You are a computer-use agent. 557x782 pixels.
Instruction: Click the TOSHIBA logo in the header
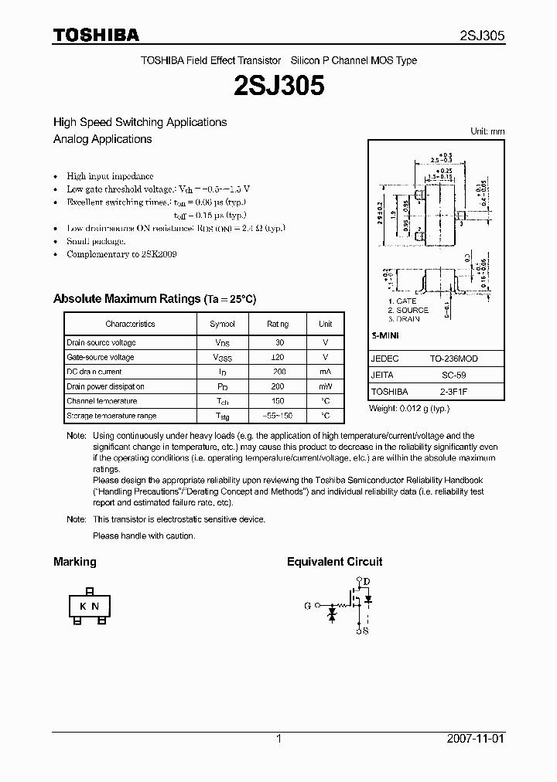96,35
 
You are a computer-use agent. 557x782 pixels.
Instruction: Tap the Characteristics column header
130,324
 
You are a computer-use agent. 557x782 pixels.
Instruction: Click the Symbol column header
222,324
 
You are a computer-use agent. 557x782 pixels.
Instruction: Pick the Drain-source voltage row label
101,342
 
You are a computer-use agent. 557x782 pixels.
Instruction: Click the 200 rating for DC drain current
278,372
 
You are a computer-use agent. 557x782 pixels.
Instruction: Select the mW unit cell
326,386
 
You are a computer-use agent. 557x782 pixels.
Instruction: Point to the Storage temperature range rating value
278,416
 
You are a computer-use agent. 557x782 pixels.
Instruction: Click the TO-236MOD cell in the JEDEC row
453,359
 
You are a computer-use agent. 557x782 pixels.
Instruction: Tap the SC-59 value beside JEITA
453,376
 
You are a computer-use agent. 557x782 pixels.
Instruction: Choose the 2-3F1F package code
453,392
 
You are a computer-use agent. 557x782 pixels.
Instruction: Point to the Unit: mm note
487,131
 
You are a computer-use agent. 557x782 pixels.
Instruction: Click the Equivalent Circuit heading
334,562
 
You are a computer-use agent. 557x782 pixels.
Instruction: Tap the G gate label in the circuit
308,606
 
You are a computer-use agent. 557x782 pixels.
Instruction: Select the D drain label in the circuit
367,582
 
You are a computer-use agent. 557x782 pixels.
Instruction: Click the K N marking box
89,606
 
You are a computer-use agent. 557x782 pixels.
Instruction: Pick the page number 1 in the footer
278,739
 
